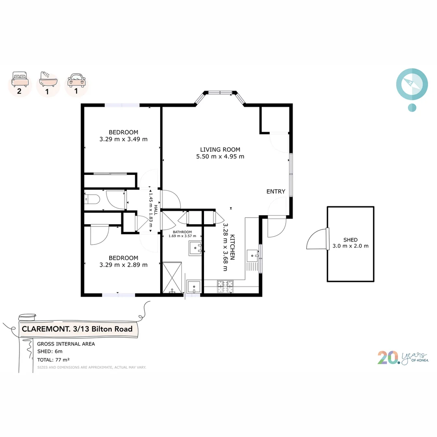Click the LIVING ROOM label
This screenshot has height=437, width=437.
click(220, 150)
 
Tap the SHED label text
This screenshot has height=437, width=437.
click(350, 240)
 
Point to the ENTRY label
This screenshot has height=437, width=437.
click(276, 191)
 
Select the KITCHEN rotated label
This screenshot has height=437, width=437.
click(232, 247)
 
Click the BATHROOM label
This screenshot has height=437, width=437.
click(182, 232)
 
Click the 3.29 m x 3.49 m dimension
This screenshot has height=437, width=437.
click(123, 139)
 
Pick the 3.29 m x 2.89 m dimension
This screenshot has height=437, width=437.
click(123, 265)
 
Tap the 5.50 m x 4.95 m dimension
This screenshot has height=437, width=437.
click(220, 157)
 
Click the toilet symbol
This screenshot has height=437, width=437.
click(92, 199)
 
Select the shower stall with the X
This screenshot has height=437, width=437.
click(172, 277)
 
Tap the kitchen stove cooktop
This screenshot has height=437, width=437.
click(225, 286)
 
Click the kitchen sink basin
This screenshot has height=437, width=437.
click(252, 256)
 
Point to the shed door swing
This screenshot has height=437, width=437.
click(317, 239)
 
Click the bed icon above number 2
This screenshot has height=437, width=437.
click(20, 79)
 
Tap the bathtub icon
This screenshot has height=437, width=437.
click(48, 79)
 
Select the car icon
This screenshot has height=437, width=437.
click(76, 81)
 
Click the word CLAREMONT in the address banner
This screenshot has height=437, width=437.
click(46, 329)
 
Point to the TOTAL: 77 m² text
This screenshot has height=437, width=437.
click(53, 360)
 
